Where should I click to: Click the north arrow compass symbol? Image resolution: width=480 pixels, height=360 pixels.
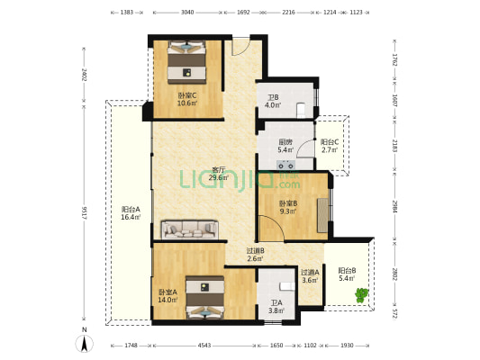coord(85,343)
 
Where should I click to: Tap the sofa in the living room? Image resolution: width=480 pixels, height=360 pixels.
coord(190,229)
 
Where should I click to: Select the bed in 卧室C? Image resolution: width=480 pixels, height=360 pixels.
coord(186,62)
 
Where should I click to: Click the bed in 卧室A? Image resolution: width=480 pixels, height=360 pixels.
coord(205,297)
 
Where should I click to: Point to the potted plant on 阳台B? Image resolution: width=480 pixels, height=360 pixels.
coord(361,295)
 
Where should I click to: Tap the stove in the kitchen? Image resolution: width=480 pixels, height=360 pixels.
coord(285,165)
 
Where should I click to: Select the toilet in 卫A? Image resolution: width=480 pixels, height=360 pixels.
coord(287,286)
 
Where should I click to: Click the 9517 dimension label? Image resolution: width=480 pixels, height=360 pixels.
coord(85,212)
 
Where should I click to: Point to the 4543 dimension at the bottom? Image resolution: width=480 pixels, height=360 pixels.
coord(204,346)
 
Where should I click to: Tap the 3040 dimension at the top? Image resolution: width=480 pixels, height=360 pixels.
coord(187,13)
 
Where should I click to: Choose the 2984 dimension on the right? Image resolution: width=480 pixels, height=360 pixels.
coord(395,206)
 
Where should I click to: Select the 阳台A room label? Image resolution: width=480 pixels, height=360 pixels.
coord(131,210)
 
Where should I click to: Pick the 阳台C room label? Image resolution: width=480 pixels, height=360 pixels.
coord(330,142)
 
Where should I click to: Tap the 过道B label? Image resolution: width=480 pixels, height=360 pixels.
coord(256,251)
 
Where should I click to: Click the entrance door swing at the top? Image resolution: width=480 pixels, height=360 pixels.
coord(240,47)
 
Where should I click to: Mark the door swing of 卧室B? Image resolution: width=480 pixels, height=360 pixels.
coord(272,228)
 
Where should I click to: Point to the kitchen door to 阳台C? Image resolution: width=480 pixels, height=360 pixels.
coord(305,148)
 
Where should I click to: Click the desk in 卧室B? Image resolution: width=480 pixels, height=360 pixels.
coord(322,215)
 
